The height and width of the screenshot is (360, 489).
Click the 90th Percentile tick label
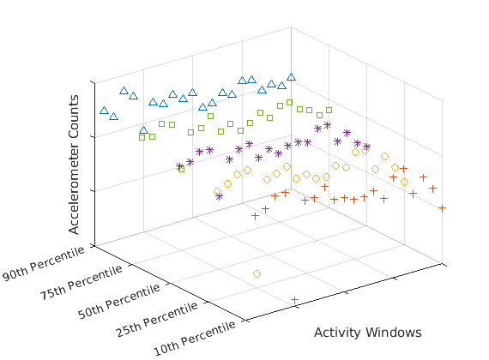[x=44, y=263]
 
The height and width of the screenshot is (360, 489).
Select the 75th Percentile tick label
[x=81, y=282]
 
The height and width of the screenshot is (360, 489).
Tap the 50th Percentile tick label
[x=119, y=302]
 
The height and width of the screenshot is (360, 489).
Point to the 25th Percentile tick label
[x=157, y=320]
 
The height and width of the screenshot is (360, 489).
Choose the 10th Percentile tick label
[x=195, y=339]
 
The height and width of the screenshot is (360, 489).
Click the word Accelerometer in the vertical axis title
[x=74, y=181]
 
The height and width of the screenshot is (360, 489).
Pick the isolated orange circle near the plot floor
[x=257, y=274]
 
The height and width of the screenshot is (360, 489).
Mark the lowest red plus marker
[x=294, y=300]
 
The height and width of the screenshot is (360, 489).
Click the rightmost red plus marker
[x=442, y=208]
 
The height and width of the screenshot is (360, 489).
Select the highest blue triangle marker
[x=291, y=76]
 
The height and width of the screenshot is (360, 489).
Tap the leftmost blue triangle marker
[x=104, y=110]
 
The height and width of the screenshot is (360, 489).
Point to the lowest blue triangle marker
[x=143, y=130]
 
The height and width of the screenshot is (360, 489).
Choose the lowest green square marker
[x=181, y=169]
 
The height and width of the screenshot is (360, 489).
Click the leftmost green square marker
[x=142, y=137]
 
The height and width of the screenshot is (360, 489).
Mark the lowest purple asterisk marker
[x=220, y=196]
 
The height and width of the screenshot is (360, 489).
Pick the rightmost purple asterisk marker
[x=367, y=147]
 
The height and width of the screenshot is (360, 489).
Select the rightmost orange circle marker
[x=404, y=182]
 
